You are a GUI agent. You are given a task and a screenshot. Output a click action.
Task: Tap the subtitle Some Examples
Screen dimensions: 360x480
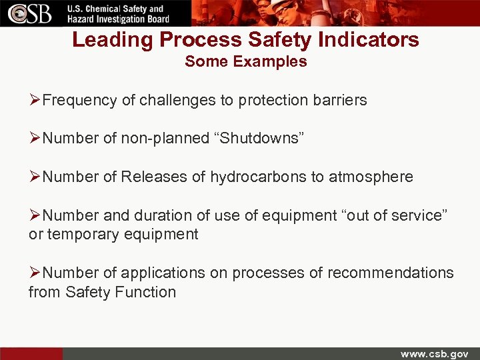click(x=246, y=62)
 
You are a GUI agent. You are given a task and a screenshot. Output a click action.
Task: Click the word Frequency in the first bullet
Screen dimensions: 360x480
click(x=79, y=101)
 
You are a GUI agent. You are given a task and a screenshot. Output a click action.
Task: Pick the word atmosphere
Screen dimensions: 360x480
click(x=371, y=177)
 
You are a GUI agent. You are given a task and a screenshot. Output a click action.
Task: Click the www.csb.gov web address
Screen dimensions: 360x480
click(x=434, y=353)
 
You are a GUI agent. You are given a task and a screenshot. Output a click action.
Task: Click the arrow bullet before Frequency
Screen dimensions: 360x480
click(x=35, y=101)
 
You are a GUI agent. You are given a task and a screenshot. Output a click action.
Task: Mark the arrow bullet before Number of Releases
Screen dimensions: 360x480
click(x=35, y=177)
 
